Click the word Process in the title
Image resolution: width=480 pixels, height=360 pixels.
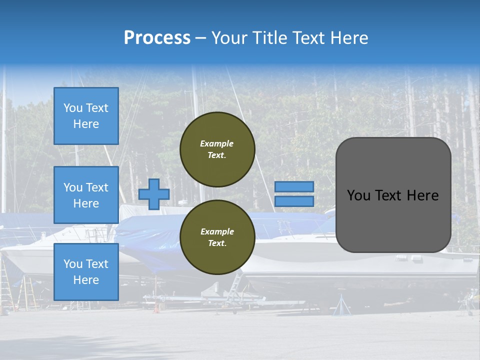click(157, 38)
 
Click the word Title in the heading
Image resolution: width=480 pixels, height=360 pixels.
click(268, 38)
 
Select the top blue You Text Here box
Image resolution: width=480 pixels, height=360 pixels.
click(86, 116)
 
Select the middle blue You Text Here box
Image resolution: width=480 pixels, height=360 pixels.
click(86, 195)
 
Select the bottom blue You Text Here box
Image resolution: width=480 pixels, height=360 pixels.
click(86, 271)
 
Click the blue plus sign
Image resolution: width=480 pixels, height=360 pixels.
click(153, 194)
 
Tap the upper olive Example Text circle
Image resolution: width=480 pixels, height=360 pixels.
click(217, 149)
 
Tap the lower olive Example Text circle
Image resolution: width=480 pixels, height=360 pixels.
click(217, 237)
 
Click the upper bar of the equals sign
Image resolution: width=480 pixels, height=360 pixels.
click(294, 186)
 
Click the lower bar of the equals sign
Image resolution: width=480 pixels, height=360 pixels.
click(294, 201)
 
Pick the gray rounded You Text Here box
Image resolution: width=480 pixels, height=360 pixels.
click(393, 195)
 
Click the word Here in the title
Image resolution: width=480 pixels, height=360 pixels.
click(349, 38)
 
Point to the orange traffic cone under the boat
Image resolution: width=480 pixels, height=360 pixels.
click(156, 308)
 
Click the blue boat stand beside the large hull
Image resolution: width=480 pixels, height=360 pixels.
click(342, 305)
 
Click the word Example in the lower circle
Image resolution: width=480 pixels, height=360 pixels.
click(217, 231)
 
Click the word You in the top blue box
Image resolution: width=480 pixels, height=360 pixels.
click(72, 108)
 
